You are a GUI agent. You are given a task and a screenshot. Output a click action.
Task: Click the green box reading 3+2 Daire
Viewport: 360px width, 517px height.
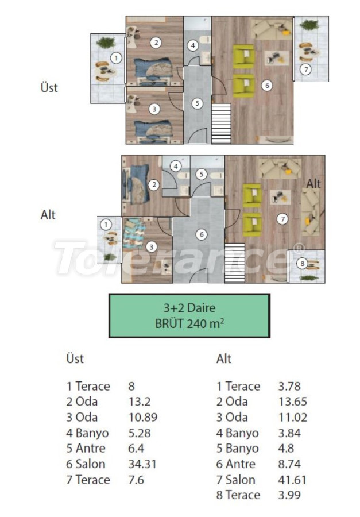189,316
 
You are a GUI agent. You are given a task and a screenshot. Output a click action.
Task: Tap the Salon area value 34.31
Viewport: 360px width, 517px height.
142,464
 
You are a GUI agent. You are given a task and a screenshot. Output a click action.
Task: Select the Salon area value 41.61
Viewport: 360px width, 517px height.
292,480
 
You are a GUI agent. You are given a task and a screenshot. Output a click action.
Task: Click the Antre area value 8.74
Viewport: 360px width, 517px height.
289,464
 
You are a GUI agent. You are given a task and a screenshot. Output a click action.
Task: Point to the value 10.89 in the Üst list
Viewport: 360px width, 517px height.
143,417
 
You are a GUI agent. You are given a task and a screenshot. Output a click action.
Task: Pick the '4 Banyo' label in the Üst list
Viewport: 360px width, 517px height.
87,433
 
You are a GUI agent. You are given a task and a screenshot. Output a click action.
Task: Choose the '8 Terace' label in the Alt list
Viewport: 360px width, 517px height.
238,495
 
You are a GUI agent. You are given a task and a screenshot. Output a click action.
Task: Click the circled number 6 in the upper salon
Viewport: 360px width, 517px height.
267,86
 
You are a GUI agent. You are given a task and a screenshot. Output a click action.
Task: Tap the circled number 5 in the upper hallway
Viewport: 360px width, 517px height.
197,103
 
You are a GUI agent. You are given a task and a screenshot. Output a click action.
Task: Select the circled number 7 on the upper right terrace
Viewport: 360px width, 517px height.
306,70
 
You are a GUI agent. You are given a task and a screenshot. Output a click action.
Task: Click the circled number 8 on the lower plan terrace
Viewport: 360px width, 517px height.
302,264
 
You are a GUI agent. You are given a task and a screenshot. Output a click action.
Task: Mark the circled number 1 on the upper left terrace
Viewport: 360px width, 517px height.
116,59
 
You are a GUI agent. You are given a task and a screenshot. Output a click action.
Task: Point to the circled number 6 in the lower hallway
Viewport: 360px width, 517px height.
202,235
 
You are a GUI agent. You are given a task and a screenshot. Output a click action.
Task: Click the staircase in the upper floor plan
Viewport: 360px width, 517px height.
221,124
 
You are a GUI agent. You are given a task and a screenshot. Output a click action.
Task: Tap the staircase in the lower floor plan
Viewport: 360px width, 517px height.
235,263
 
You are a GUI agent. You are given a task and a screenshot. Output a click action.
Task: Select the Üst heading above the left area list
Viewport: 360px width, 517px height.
75,358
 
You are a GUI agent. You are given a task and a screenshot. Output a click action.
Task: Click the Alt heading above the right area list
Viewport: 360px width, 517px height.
224,358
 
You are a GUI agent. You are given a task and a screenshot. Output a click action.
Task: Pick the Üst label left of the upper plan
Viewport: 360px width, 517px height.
49,87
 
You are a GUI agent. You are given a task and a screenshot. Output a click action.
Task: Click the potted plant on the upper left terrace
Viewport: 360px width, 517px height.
106,43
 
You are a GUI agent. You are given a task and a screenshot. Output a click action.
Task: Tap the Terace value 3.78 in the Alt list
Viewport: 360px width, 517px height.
289,386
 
